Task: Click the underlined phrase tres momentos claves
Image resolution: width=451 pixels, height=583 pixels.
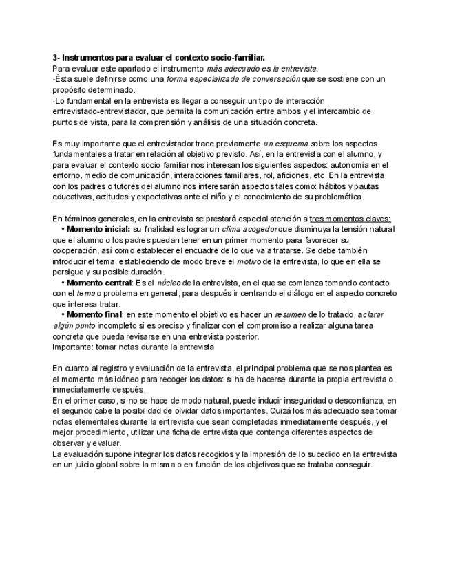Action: (x=349, y=217)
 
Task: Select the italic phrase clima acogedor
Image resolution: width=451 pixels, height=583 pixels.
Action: (x=249, y=228)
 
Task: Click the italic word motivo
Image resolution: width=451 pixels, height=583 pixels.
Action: (x=249, y=261)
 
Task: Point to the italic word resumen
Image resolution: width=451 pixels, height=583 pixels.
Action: (x=316, y=315)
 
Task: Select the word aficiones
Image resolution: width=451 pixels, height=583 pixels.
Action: (x=281, y=176)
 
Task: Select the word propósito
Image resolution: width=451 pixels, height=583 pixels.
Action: (x=70, y=90)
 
